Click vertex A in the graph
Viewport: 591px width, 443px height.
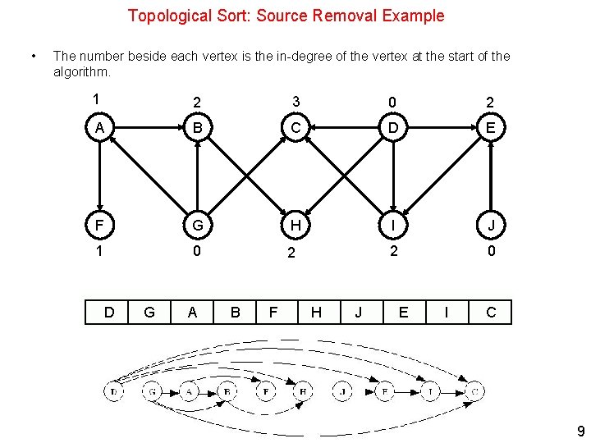[98, 128]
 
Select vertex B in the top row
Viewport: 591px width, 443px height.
[197, 128]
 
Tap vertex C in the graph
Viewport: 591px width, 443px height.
[295, 128]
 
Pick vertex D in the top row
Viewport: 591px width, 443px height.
[393, 128]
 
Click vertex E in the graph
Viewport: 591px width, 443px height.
[490, 128]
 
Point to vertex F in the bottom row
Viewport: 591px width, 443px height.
[98, 225]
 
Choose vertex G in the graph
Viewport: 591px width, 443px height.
[197, 225]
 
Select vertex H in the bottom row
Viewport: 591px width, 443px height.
[295, 225]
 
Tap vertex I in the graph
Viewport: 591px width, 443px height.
[393, 225]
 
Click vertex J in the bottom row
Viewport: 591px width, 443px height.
[490, 225]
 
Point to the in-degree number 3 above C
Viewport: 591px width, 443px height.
[295, 102]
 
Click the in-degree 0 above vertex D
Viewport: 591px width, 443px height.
[393, 102]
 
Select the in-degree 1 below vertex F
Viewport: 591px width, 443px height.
[98, 252]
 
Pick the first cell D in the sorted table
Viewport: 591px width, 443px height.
[108, 312]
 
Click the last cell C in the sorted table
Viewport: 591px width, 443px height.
[490, 312]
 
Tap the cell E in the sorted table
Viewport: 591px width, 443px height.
[404, 312]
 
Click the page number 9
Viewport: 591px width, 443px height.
[580, 432]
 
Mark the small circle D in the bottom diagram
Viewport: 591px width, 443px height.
[114, 393]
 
